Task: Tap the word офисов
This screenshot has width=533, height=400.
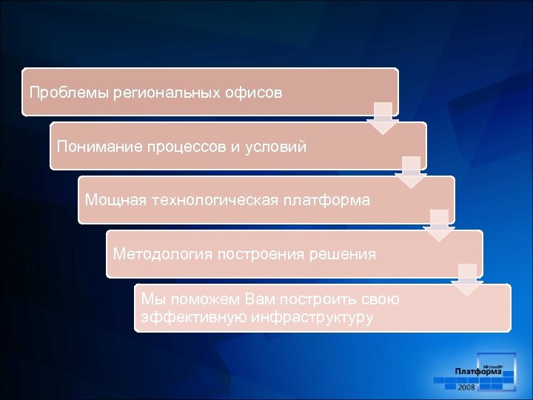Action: (x=254, y=93)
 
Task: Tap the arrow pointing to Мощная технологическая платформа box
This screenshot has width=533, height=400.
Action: (x=411, y=173)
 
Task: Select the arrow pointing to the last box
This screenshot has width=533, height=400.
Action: (x=467, y=279)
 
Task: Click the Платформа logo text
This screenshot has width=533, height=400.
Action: (x=478, y=371)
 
